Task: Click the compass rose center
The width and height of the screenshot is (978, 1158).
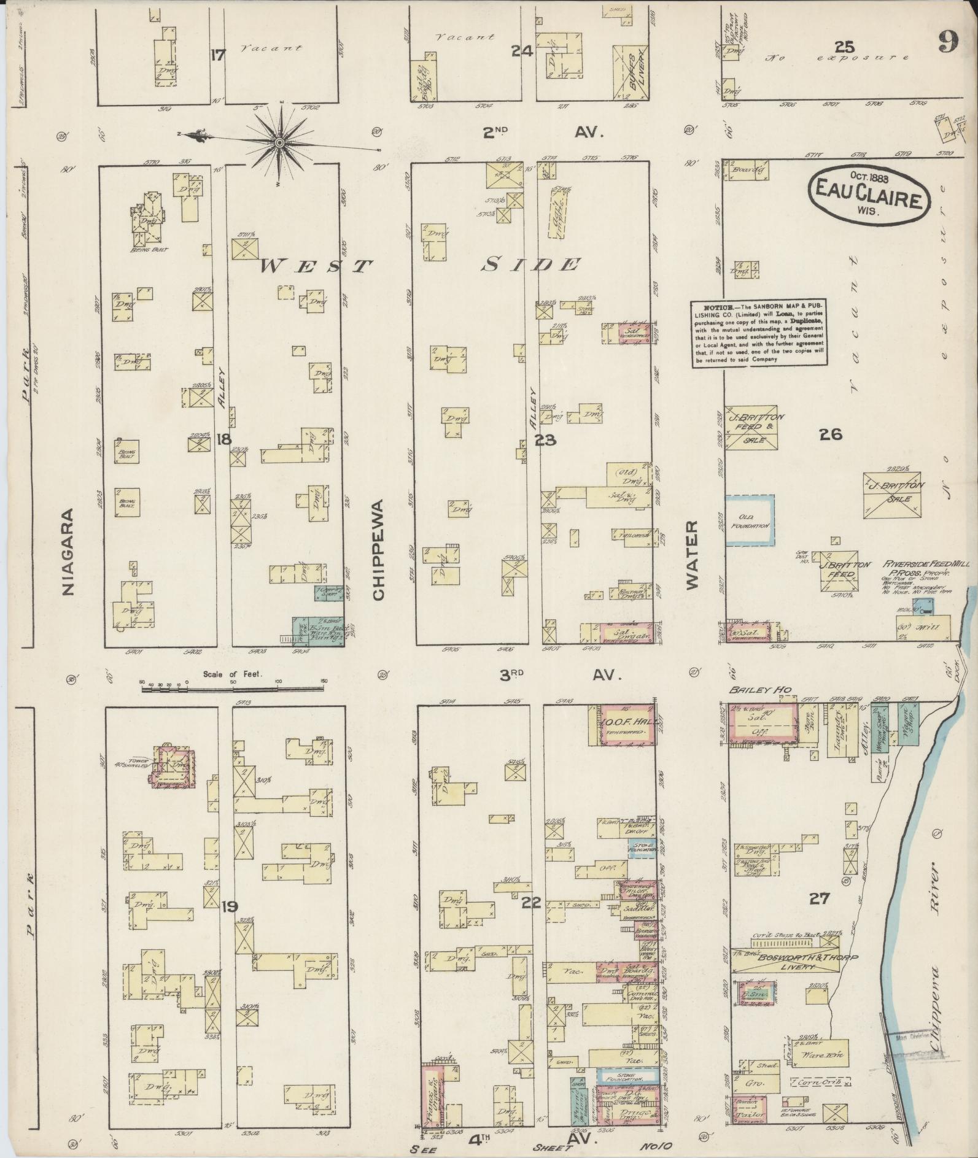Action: (x=279, y=142)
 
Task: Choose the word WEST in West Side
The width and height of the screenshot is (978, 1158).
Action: (x=317, y=266)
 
